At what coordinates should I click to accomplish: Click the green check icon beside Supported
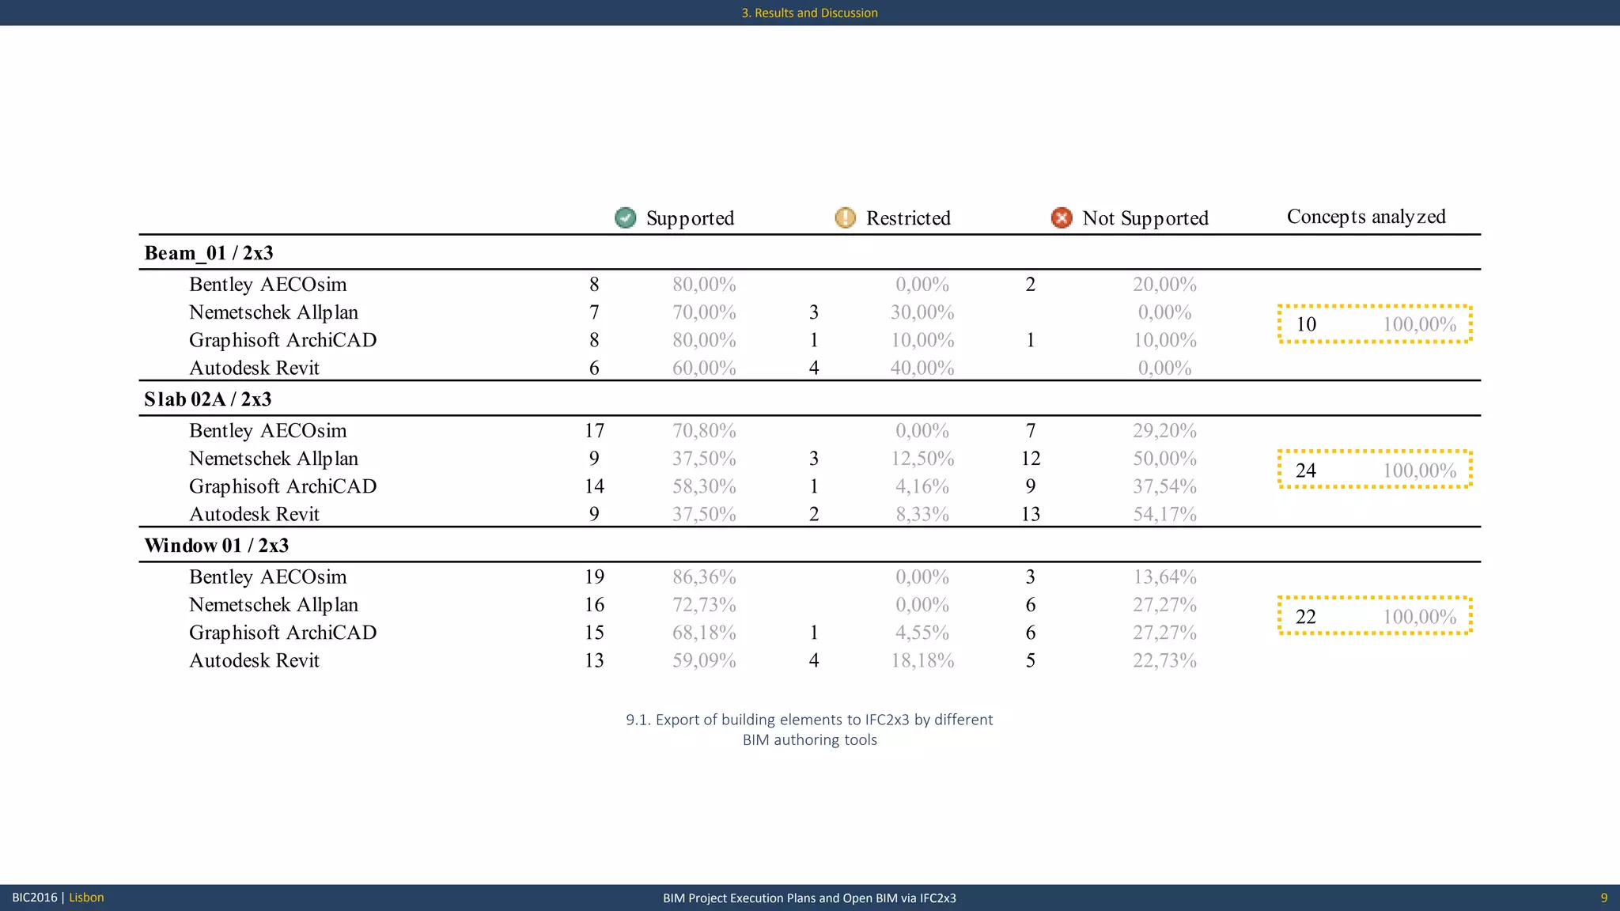[625, 217]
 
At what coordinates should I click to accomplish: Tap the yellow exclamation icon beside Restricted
[845, 217]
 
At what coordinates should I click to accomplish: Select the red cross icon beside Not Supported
[1062, 217]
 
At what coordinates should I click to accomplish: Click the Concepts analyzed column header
[1366, 217]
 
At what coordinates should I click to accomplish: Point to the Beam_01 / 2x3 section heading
[209, 253]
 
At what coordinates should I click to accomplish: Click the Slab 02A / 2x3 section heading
[207, 399]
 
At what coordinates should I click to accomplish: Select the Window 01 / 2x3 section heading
[216, 546]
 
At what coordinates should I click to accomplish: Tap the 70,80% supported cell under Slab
[704, 431]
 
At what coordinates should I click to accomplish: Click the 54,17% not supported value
[1164, 514]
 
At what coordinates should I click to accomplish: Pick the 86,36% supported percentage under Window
[704, 577]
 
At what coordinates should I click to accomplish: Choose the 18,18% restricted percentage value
[922, 660]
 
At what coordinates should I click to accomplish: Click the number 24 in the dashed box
[1306, 471]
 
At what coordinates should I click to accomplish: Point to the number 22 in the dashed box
[1306, 617]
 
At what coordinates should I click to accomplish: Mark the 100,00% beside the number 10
[1419, 324]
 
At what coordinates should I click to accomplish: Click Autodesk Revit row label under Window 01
[254, 660]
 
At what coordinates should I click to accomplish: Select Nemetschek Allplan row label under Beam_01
[274, 312]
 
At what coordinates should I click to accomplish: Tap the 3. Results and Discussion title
[809, 13]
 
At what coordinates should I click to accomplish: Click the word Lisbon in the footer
[86, 898]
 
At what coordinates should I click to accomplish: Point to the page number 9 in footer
[1603, 898]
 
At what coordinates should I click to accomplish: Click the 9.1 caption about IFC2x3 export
[809, 729]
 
